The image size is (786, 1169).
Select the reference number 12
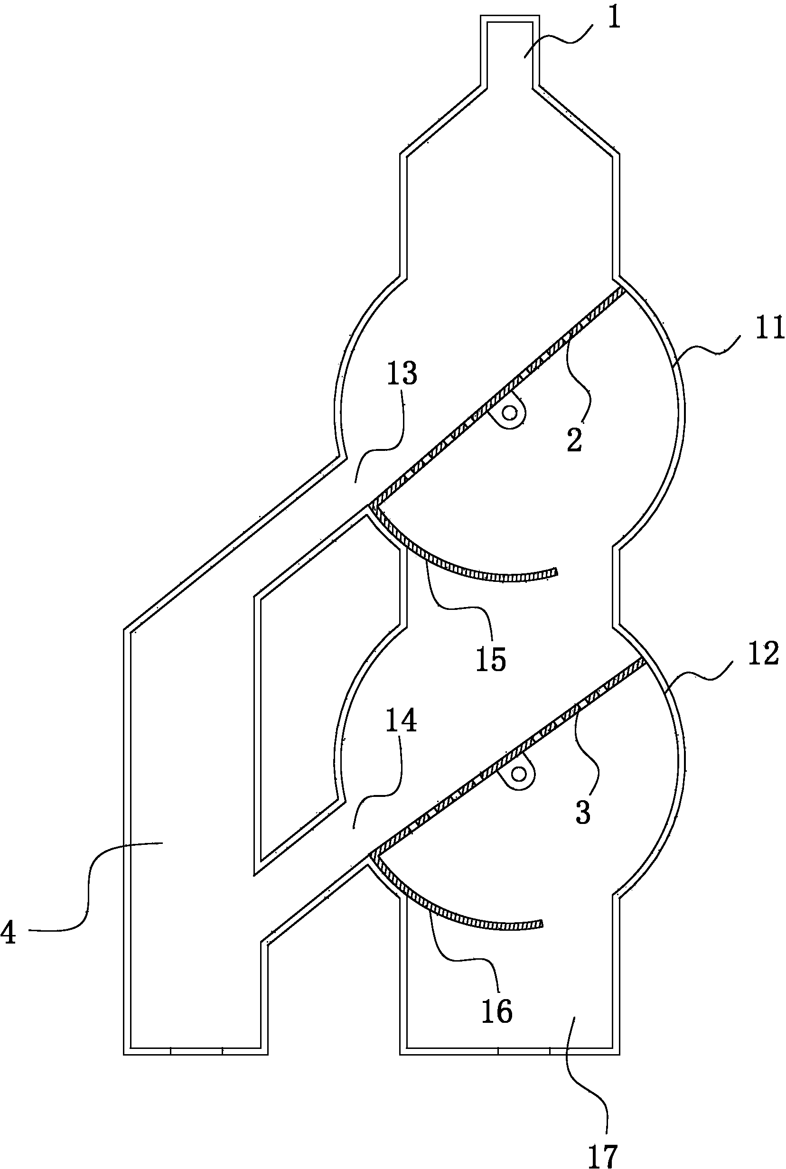pyautogui.click(x=763, y=654)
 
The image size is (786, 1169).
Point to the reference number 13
pyautogui.click(x=402, y=374)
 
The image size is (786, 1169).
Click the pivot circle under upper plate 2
pyautogui.click(x=510, y=413)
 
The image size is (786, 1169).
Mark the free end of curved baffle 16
pyautogui.click(x=542, y=923)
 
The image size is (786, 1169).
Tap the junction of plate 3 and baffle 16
pyautogui.click(x=372, y=853)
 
